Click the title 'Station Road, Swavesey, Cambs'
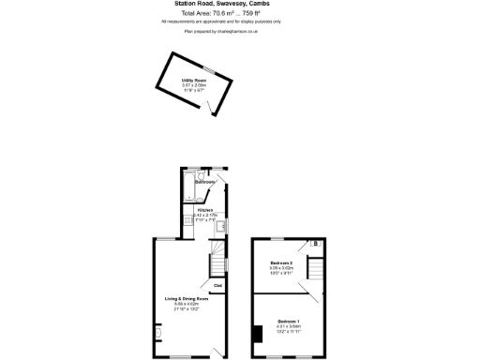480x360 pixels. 221,4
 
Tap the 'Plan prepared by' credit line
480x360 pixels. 221,31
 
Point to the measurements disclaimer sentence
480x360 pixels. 221,21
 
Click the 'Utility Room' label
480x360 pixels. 194,81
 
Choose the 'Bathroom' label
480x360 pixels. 205,182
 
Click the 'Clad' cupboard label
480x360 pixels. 217,285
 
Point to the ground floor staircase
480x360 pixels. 217,256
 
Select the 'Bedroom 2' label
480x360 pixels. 281,262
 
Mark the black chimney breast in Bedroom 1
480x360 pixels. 256,333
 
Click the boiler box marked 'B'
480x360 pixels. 315,245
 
